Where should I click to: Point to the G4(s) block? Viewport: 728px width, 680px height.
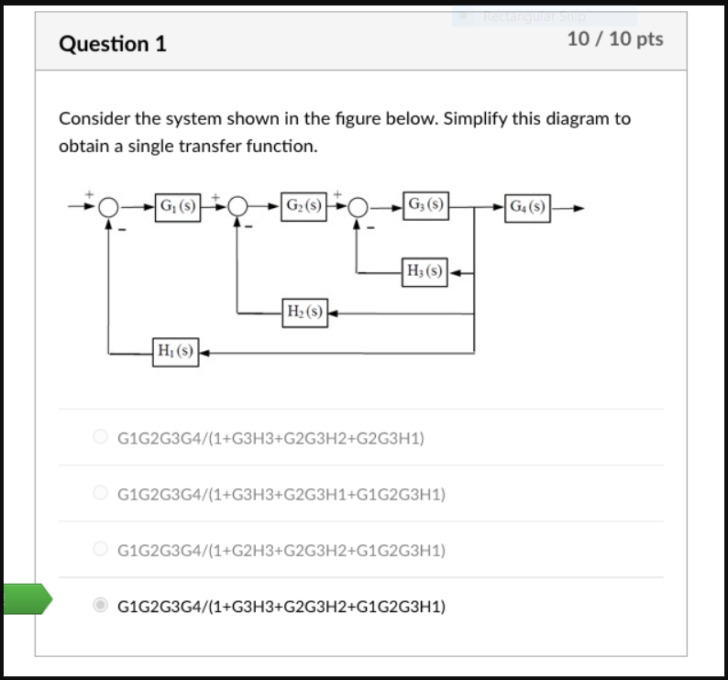pos(527,206)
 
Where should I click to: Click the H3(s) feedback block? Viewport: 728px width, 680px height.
pos(425,271)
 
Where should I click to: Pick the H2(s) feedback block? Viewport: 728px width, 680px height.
pos(304,313)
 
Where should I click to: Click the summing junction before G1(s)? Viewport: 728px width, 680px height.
pos(110,207)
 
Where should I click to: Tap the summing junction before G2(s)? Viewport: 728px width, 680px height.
pos(238,207)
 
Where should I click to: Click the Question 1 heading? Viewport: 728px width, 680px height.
pos(113,43)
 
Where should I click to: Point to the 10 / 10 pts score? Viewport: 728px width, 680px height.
pos(615,39)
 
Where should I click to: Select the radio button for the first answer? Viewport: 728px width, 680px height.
pos(102,438)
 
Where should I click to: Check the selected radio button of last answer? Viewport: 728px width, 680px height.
pos(102,606)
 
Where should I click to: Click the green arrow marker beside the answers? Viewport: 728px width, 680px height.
pos(26,598)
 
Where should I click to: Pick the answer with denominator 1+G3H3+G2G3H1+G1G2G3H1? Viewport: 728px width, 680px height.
pos(281,494)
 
